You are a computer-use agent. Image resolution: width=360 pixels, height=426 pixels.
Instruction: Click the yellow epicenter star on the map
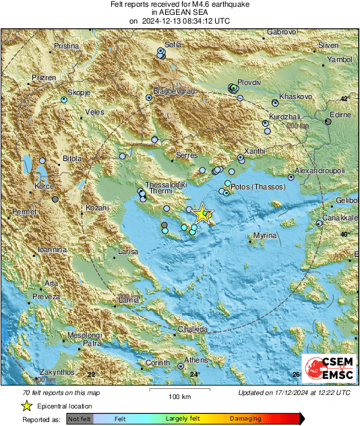pos(202,214)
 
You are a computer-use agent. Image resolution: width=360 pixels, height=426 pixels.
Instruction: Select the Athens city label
pos(196,360)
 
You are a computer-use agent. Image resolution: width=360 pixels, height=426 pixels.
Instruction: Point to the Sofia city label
pos(173,44)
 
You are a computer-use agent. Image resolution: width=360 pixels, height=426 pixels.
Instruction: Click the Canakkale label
pos(339,218)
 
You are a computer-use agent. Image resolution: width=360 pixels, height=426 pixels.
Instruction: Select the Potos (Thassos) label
pos(259,185)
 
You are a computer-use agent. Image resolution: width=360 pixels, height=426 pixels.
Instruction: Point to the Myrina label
pos(266,236)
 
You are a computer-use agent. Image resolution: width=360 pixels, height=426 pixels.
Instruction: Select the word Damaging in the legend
pos(245,419)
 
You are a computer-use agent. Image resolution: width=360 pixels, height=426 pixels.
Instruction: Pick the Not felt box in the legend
pos(80,419)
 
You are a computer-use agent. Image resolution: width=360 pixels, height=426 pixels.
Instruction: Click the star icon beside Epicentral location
pos(26,406)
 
